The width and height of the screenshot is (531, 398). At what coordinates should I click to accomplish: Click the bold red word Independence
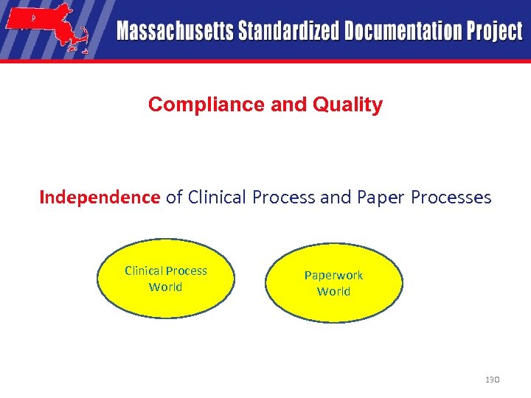click(x=100, y=198)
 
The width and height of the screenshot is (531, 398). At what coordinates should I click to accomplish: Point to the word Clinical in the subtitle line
click(x=218, y=198)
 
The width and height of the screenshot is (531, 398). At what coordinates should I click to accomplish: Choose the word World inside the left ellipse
click(x=165, y=287)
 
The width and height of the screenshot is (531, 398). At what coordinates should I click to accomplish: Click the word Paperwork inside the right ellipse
click(x=333, y=275)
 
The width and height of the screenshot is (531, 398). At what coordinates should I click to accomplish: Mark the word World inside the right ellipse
click(x=333, y=292)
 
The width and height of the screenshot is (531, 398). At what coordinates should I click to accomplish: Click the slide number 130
click(x=493, y=380)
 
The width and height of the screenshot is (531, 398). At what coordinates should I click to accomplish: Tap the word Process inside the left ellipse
click(x=187, y=270)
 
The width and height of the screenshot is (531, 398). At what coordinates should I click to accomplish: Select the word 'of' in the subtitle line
click(x=174, y=198)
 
